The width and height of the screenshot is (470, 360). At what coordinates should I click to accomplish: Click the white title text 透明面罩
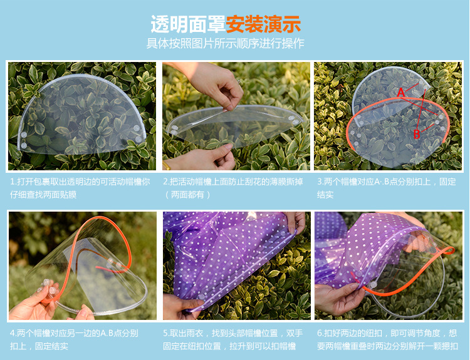(x=187, y=24)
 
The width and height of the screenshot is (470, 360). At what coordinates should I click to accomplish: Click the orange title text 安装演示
(x=263, y=24)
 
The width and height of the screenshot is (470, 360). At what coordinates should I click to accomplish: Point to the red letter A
(x=400, y=93)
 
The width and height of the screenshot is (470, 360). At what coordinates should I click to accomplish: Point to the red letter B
(x=417, y=133)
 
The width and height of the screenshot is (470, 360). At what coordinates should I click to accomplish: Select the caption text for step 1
(x=80, y=188)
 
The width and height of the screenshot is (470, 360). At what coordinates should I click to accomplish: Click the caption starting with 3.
(x=386, y=188)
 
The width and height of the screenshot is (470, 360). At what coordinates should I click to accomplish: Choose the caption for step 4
(x=74, y=339)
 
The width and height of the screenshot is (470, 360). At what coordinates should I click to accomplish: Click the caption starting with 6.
(x=387, y=339)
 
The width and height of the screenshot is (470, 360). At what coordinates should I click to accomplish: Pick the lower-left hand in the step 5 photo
(x=182, y=307)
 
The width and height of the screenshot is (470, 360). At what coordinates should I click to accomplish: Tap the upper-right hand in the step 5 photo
(x=295, y=222)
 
